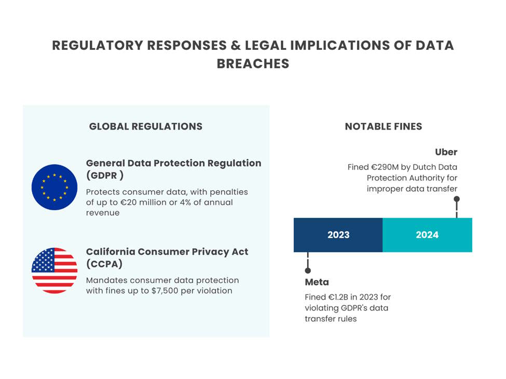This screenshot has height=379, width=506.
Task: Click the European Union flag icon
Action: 54,187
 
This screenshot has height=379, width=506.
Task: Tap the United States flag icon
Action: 54,271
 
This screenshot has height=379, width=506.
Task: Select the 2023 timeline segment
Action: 338,235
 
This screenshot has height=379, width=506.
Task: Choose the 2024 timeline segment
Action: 427,235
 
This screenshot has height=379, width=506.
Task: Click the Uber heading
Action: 446,152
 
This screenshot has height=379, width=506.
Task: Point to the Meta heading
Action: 317,282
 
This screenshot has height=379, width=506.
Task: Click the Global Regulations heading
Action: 146,127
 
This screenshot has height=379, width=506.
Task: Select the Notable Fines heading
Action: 384,127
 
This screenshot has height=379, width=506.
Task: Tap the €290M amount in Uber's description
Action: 386,167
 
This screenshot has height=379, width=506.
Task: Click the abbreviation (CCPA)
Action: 104,264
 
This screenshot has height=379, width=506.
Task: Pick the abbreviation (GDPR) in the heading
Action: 104,175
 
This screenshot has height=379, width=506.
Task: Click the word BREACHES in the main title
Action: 253,64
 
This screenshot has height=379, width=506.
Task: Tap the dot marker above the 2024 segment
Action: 457,199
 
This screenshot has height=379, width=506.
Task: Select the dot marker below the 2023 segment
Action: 308,271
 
